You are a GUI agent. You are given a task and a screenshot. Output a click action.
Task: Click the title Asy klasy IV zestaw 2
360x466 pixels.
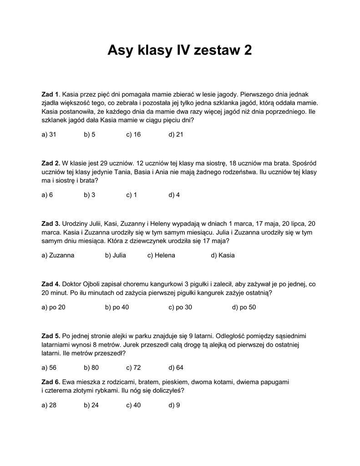(179, 51)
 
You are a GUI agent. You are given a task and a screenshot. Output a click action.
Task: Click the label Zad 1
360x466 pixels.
(51, 94)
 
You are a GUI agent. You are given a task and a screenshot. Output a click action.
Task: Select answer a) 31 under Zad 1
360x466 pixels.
(49, 135)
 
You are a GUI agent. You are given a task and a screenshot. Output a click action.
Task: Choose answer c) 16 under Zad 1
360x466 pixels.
(133, 135)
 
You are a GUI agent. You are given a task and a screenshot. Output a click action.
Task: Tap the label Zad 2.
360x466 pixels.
(51, 163)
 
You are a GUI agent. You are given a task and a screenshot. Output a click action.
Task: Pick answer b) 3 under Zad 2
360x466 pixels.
(89, 195)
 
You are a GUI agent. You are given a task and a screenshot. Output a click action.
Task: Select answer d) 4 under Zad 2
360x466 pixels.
(174, 195)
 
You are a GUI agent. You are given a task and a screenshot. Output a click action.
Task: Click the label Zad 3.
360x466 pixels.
(51, 223)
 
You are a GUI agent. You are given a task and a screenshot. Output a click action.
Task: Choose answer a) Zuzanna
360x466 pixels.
(58, 255)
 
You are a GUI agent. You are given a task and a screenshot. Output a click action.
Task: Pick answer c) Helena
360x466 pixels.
(161, 255)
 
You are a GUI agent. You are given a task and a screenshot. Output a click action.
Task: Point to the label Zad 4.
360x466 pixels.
(51, 284)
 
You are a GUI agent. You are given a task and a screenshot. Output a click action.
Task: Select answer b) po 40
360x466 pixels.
(117, 307)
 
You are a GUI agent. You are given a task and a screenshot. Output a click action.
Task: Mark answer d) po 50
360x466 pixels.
(244, 307)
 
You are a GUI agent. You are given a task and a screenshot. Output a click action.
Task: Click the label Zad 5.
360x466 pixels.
(51, 336)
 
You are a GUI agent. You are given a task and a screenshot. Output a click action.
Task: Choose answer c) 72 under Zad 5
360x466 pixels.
(133, 368)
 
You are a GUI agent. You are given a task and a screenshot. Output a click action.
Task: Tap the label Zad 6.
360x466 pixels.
(51, 382)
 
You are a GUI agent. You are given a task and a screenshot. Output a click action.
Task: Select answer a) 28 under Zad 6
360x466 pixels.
(49, 405)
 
